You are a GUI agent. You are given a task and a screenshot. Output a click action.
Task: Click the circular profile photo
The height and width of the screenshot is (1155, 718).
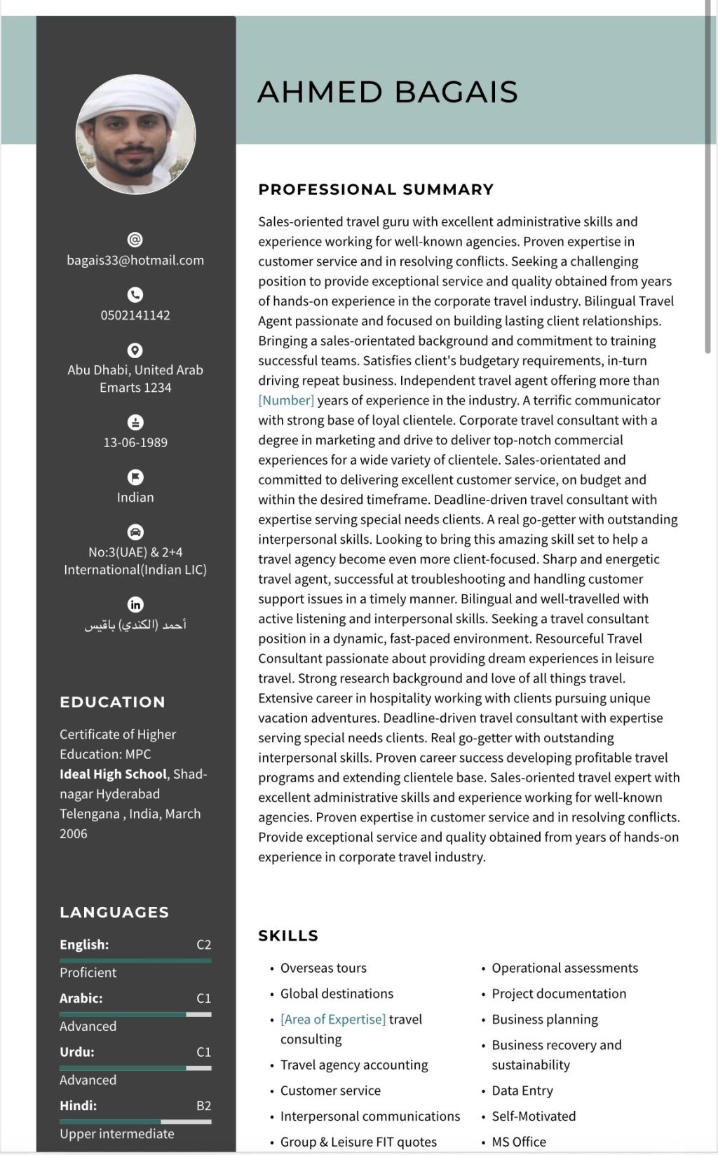click(135, 135)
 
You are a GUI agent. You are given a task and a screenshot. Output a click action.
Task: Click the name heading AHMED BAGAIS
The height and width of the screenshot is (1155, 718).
click(387, 92)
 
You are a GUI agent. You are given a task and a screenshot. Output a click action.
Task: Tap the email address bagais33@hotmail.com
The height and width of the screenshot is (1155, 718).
click(135, 260)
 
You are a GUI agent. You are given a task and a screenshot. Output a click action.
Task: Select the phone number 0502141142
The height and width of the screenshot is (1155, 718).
click(135, 315)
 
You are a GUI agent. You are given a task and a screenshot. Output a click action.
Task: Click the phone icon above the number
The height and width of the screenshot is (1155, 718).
click(135, 294)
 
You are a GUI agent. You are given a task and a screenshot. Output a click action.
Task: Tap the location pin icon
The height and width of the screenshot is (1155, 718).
click(135, 350)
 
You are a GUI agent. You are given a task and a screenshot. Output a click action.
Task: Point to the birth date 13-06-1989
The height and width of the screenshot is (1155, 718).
click(135, 442)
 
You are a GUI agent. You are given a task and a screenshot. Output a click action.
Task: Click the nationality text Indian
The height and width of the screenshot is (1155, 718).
click(135, 497)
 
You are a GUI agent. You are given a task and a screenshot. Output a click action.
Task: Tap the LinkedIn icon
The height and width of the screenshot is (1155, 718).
click(135, 604)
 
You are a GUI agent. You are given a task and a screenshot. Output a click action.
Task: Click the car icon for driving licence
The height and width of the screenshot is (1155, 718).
click(135, 532)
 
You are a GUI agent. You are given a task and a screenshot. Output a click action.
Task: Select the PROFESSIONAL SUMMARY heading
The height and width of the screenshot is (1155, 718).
click(376, 189)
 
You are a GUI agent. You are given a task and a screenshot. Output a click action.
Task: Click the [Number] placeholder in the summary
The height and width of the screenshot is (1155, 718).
click(286, 400)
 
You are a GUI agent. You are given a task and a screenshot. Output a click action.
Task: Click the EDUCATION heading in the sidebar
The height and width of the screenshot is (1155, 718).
click(112, 702)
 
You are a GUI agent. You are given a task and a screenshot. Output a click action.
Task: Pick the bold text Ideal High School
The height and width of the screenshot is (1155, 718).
click(113, 774)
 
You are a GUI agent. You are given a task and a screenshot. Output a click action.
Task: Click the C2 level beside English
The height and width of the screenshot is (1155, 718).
click(203, 945)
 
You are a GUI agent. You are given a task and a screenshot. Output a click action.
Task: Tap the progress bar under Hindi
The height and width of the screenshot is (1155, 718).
click(135, 1121)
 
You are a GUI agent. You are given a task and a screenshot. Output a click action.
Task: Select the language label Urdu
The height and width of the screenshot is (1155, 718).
click(76, 1052)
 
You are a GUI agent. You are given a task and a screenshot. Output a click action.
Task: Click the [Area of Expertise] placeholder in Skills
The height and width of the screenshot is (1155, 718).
click(333, 1019)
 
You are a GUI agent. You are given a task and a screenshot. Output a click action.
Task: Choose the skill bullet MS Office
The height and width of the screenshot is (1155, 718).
click(518, 1142)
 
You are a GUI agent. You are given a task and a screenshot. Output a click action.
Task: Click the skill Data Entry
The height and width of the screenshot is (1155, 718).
click(522, 1091)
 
